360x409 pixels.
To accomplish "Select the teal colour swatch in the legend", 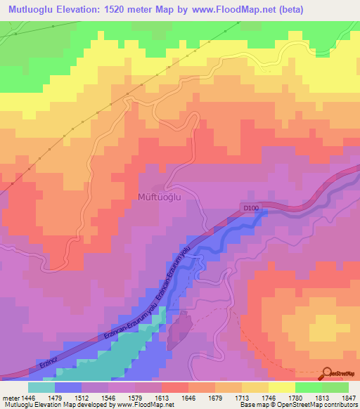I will (x=41, y=387).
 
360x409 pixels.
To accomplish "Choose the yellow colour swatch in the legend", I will (x=282, y=387).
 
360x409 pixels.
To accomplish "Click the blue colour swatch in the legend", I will (x=68, y=387).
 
